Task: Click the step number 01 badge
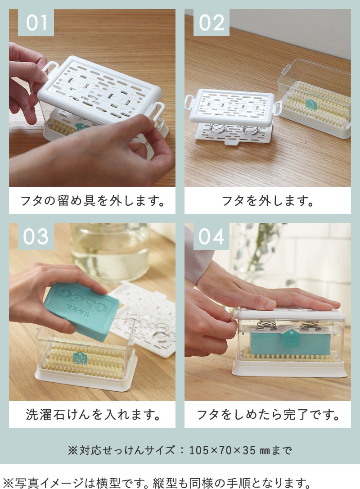36,23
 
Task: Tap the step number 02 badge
211,23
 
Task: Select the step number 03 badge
36,236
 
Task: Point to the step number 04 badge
211,236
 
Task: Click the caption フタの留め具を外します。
92,201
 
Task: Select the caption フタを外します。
268,201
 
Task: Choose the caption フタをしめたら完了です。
268,414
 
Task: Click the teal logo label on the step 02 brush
311,104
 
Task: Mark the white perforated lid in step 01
100,91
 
